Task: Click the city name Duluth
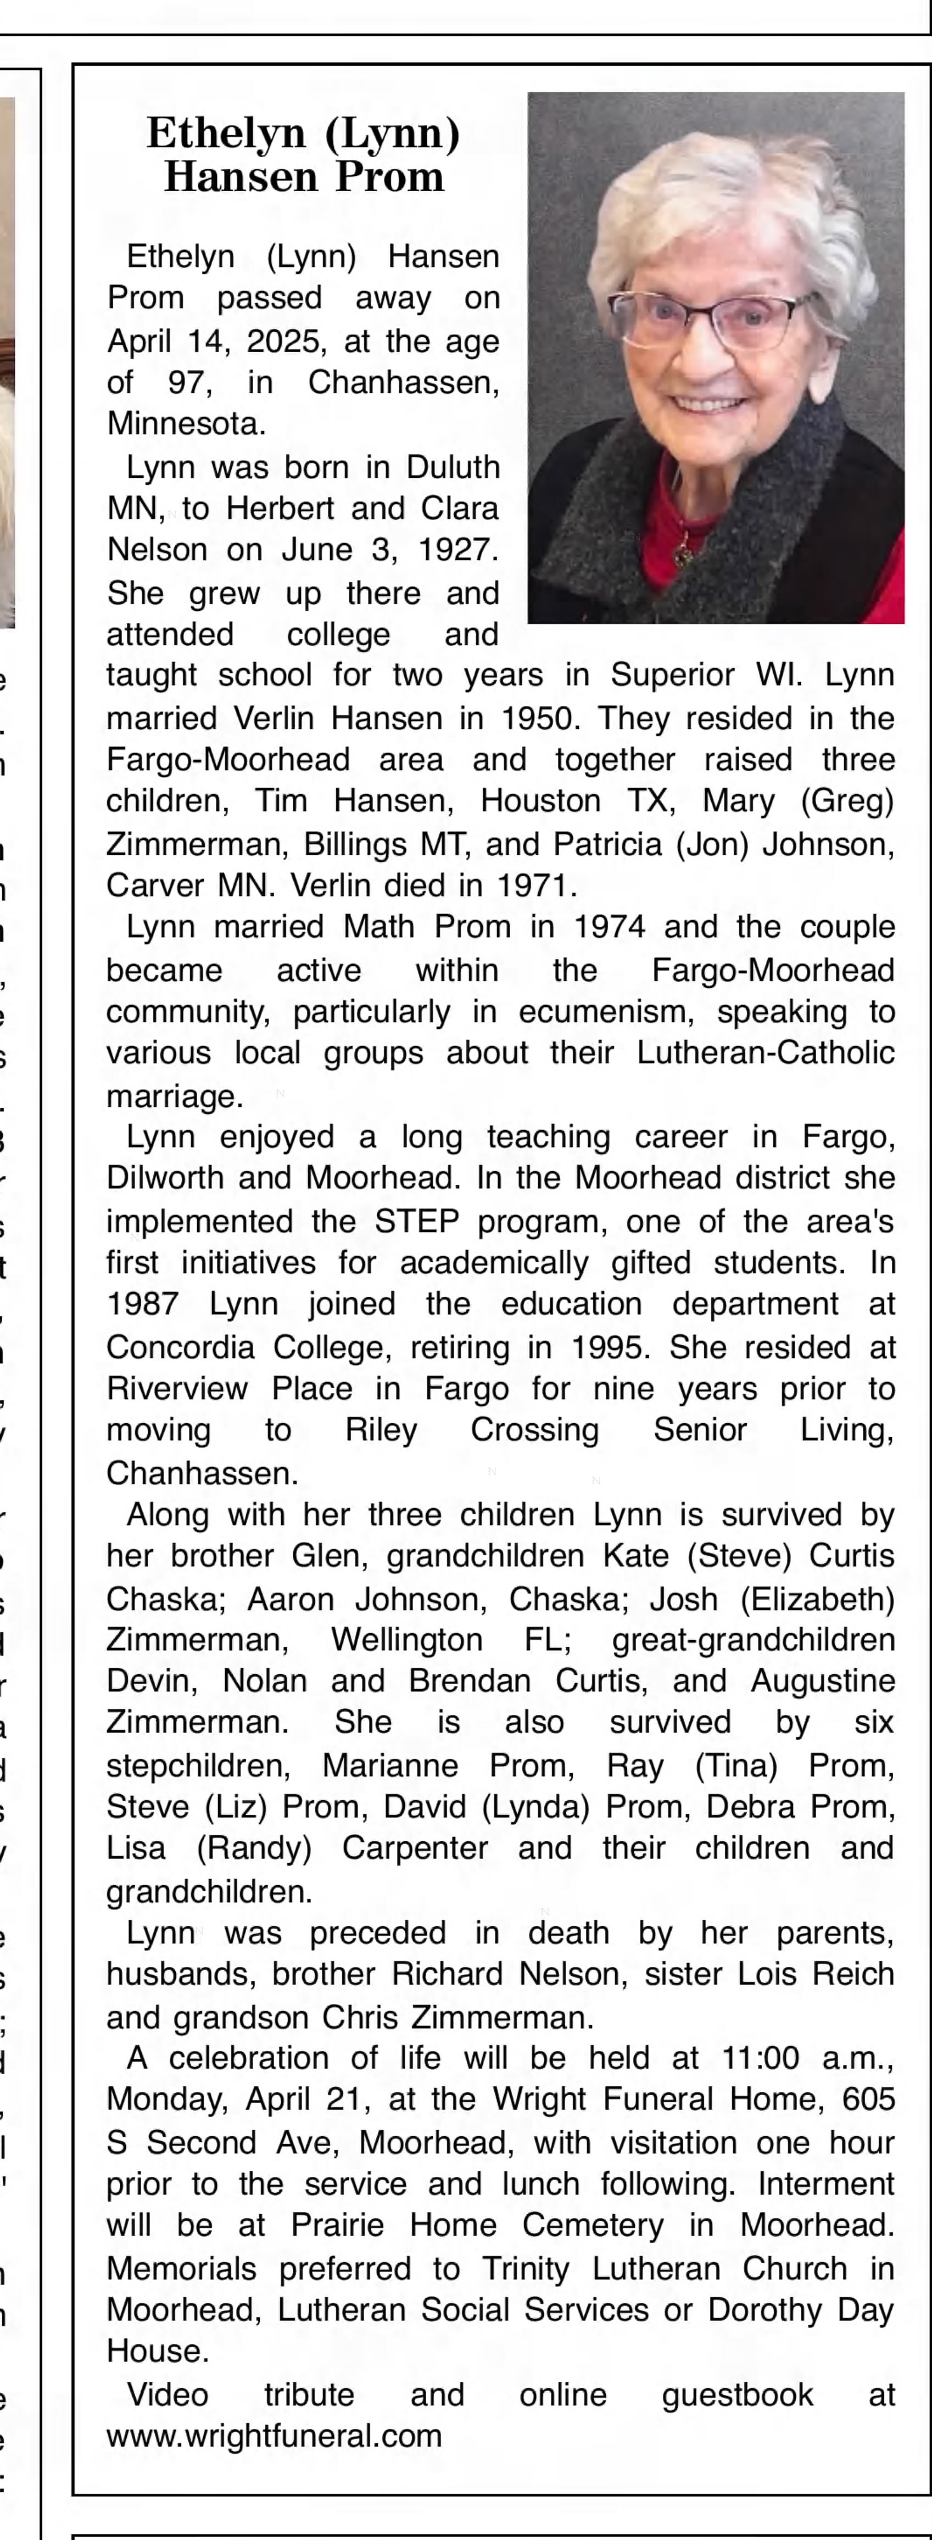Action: tap(454, 466)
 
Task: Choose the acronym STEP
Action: tap(417, 1222)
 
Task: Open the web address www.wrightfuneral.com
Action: tap(274, 2436)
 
